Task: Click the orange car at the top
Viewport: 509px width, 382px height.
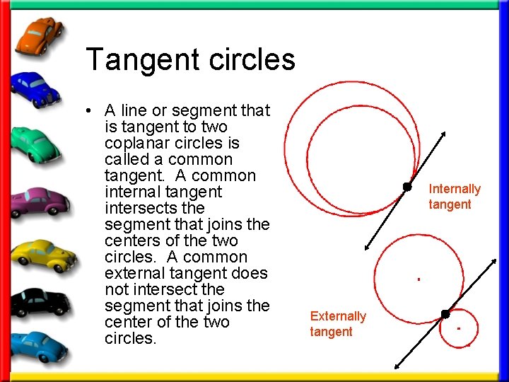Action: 39,36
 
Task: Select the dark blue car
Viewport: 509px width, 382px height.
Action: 35,89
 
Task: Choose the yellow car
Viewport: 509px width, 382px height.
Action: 40,253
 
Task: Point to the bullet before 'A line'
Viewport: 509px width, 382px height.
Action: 93,111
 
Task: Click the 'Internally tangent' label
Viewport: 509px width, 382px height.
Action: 454,197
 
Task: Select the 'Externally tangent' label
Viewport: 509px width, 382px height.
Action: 338,324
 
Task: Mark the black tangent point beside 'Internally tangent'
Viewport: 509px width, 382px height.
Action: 407,187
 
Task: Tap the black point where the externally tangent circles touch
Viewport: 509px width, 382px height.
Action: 445,313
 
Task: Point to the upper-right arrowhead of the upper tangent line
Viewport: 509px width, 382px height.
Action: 444,134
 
